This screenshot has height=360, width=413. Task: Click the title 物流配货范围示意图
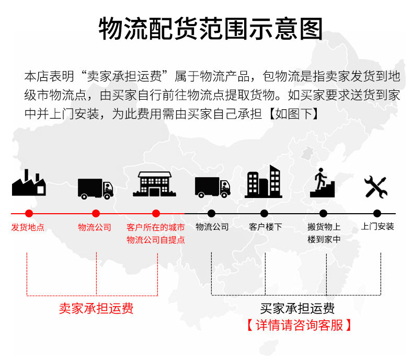pos(211,29)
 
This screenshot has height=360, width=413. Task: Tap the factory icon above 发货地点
pos(29,183)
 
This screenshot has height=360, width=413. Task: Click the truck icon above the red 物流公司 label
pos(96,189)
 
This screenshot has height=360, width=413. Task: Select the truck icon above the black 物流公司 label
pos(213,188)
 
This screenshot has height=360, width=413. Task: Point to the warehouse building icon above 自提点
pos(155,184)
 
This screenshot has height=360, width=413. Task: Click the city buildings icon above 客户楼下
pos(263,182)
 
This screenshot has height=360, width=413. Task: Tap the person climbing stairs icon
pos(322,183)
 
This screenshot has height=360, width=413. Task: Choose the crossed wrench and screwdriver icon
pos(376,187)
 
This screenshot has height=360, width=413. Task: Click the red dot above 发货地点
pos(29,213)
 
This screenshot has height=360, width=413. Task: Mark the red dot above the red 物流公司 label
pos(96,213)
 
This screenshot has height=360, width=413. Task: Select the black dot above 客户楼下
pos(264,213)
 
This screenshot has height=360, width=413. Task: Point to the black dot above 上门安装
pos(377,213)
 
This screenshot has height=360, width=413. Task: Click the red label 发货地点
pos(28,227)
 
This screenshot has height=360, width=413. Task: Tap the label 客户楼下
pos(266,227)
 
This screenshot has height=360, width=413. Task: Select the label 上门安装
pos(377,226)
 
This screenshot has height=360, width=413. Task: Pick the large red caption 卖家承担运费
pos(96,308)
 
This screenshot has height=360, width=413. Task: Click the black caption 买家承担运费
pos(297,308)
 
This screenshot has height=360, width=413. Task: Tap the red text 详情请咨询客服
pos(299,325)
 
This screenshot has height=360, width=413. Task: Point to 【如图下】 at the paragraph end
pos(294,114)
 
